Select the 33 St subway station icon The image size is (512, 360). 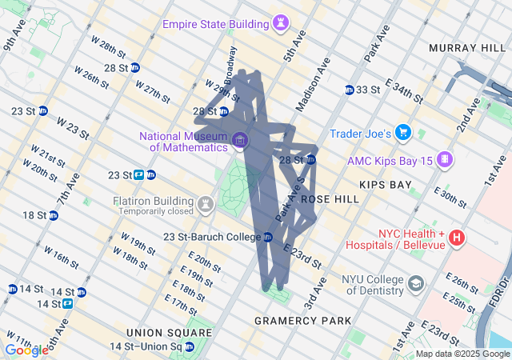tap(350, 90)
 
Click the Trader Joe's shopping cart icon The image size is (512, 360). tap(403, 132)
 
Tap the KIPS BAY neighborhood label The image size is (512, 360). tap(385, 185)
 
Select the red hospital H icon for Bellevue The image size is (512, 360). tap(456, 238)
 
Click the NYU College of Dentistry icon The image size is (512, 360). tap(416, 284)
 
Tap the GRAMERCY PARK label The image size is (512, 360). tap(302, 321)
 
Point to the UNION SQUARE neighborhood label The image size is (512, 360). tap(158, 332)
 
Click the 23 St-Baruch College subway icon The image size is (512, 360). tap(268, 237)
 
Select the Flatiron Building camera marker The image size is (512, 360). tap(206, 206)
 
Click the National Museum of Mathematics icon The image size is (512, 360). tap(239, 142)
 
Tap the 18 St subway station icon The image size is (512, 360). tap(53, 215)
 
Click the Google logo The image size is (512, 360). tap(26, 350)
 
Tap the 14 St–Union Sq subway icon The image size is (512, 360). tap(190, 346)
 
